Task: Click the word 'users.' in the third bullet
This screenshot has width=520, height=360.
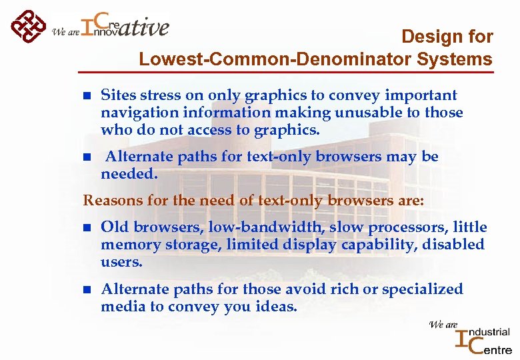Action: pos(122,262)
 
